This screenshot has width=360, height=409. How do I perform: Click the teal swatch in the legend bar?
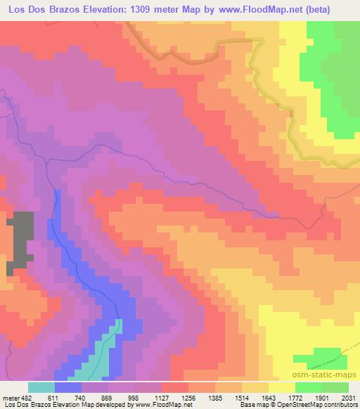tap(41, 387)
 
